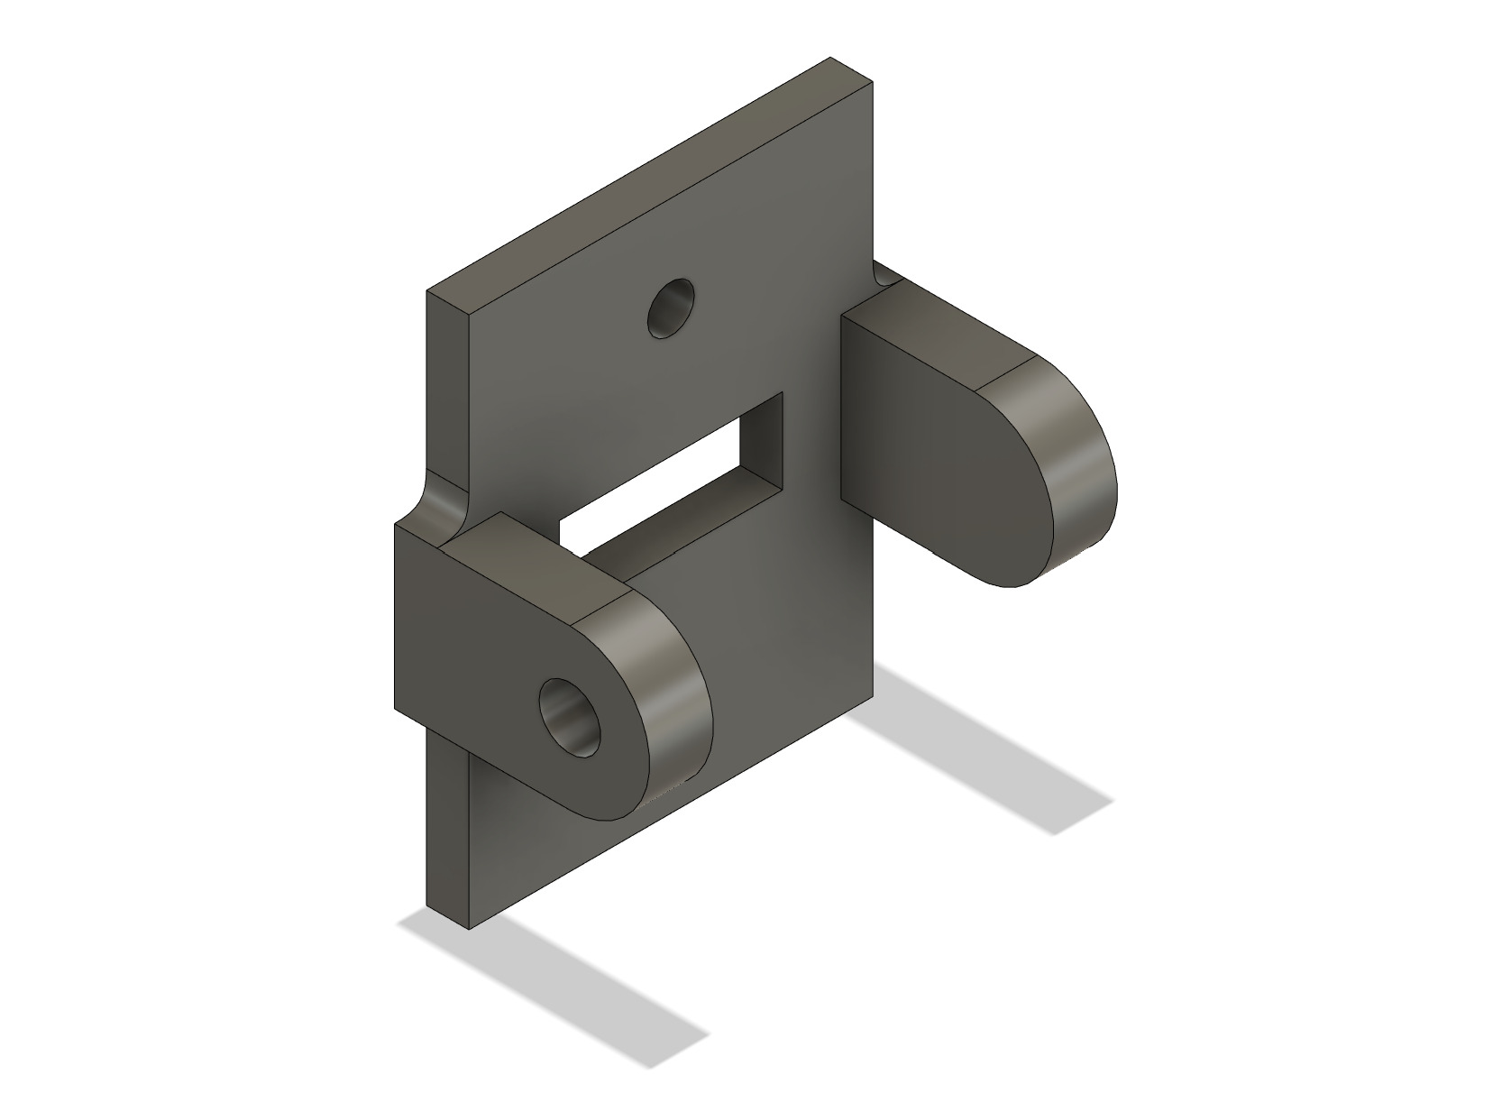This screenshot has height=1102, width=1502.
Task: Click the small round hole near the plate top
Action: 672,309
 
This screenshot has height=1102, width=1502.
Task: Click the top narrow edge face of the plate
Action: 649,180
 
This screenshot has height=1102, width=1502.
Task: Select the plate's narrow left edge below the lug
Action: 447,830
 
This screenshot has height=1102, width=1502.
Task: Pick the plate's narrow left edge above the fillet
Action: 447,388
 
